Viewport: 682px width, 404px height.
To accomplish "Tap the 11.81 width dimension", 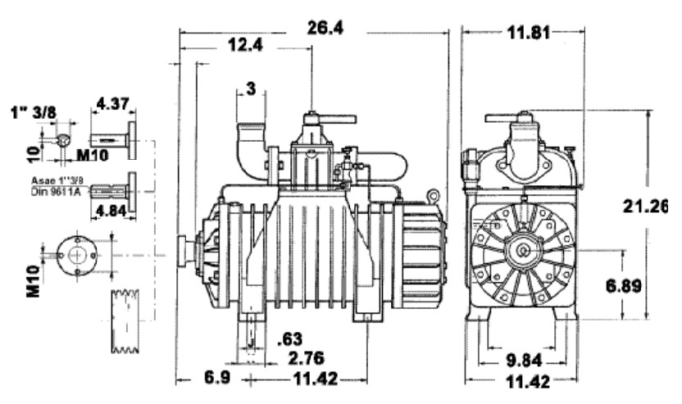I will pos(526,33).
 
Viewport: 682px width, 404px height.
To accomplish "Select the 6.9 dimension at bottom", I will pos(201,378).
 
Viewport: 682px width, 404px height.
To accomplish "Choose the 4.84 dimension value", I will pos(111,211).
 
